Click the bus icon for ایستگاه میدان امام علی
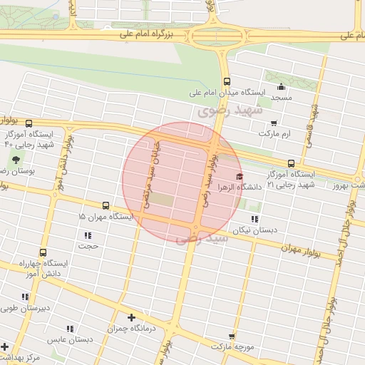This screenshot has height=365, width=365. (227, 81)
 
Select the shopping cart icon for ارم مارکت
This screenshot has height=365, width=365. (274, 123)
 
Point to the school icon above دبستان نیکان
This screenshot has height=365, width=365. (255, 219)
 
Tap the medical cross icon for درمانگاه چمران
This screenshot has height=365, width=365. (131, 317)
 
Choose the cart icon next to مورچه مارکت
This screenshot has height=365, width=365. (232, 335)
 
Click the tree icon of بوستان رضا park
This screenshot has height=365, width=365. (16, 160)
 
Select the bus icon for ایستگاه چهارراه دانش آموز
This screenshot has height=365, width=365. (43, 252)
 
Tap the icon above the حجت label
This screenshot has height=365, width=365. (88, 235)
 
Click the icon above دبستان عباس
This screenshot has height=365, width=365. (70, 329)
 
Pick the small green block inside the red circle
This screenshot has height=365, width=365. (162, 200)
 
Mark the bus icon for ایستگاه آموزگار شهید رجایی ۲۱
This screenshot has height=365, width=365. (290, 163)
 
